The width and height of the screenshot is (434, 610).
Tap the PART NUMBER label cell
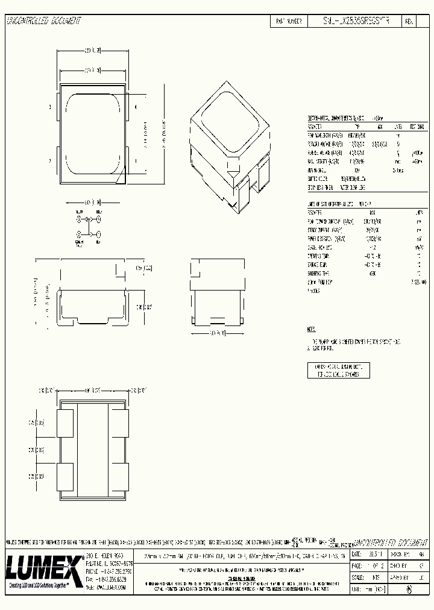[x=289, y=20]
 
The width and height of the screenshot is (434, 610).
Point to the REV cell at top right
[x=409, y=20]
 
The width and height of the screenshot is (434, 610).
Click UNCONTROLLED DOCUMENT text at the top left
[x=43, y=20]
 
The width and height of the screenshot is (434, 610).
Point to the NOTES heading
[x=311, y=330]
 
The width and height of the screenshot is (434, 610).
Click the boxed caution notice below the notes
[x=338, y=370]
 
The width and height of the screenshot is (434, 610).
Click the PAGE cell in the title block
[x=359, y=567]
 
